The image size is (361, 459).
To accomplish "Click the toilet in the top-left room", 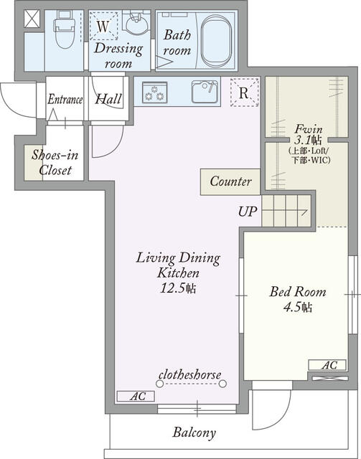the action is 64,29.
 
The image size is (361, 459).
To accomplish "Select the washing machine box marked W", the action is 103,26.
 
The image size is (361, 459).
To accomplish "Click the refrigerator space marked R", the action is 245,93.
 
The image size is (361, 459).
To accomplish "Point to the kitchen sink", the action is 205,92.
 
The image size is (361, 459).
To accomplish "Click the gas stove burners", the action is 155,93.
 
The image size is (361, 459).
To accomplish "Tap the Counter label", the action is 230,181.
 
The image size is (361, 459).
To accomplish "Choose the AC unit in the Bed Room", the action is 327,365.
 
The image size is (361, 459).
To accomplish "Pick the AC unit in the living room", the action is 136,396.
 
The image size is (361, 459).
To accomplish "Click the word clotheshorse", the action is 190,374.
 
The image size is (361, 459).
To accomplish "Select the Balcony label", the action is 194,432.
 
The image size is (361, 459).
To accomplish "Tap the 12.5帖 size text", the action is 178,288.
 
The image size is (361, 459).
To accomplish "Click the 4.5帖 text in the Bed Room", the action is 298,308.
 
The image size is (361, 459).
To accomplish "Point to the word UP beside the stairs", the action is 248,212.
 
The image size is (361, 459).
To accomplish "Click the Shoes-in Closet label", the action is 55,163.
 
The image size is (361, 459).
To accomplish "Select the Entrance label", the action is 65,99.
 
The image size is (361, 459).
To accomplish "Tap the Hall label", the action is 108,99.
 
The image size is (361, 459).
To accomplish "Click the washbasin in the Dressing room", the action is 136,24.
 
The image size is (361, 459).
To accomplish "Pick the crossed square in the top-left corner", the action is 32,19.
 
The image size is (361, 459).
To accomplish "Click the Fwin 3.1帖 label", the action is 309,135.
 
